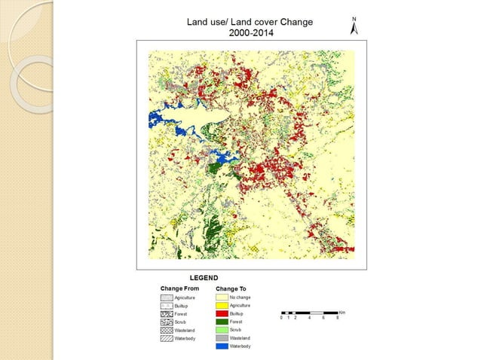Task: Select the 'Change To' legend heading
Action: [x=231, y=288]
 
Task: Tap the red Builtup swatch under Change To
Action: [x=222, y=314]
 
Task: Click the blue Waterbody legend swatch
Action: [x=222, y=346]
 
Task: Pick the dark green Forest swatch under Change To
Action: [x=222, y=322]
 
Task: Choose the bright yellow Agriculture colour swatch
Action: [x=222, y=306]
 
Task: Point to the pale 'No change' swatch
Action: [x=222, y=297]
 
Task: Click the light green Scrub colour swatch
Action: [x=222, y=330]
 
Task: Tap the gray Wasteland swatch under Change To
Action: [x=222, y=338]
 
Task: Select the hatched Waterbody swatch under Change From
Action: [x=167, y=339]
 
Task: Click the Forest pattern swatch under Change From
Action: [x=167, y=314]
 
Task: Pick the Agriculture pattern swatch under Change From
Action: [x=167, y=298]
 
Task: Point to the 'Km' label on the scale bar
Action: [x=342, y=311]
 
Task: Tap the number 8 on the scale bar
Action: [x=338, y=318]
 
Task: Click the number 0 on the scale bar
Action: [x=280, y=318]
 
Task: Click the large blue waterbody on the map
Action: [x=164, y=120]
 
